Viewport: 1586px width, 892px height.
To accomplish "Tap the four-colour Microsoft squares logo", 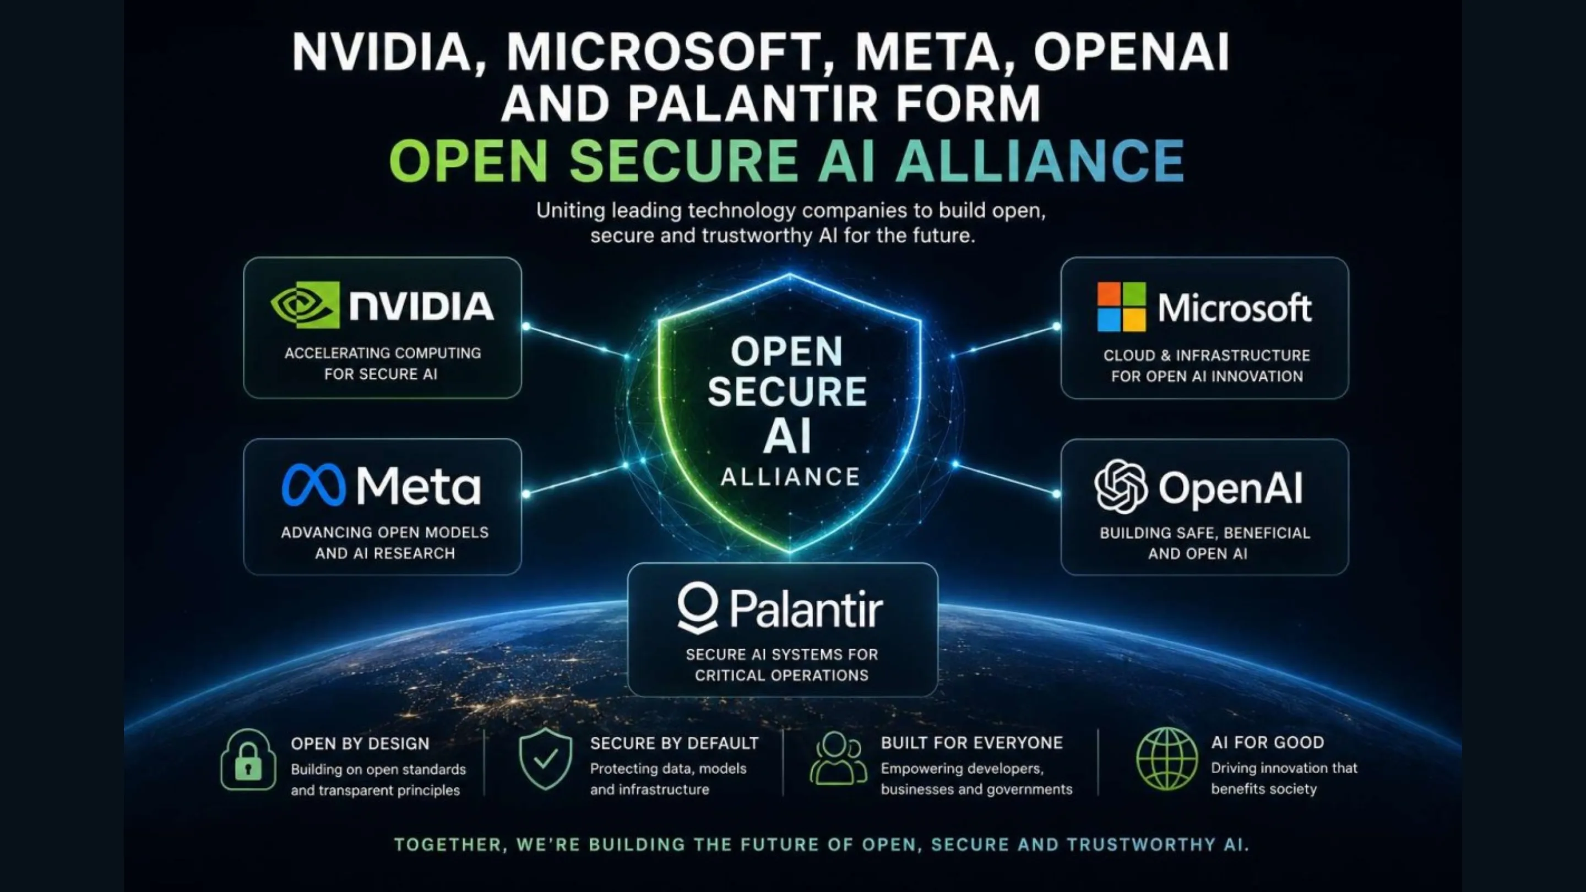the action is [1121, 307].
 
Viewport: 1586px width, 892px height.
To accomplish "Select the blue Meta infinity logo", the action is [313, 485].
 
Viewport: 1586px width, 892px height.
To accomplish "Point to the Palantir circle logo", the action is [698, 607].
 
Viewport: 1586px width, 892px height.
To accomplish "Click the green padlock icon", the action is [248, 759].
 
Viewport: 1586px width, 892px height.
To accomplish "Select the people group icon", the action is [838, 758].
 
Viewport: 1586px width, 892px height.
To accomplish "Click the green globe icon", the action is [1167, 758].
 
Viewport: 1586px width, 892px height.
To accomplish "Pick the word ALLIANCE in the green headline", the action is [1040, 160].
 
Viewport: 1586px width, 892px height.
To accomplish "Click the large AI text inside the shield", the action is [787, 437].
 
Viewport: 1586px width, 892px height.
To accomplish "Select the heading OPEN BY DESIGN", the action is [360, 744].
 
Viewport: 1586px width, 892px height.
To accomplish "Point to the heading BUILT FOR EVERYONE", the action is [971, 742].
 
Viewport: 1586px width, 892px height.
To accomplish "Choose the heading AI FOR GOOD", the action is [1268, 742].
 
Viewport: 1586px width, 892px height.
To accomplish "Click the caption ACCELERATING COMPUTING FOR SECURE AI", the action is [382, 363].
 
